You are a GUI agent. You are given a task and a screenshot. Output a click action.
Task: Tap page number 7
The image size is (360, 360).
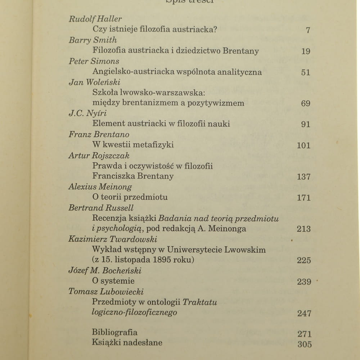[308, 30]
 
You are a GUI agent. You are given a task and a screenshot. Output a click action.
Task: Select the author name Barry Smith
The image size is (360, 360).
[93, 40]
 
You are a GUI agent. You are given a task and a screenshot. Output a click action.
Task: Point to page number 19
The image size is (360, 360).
[306, 51]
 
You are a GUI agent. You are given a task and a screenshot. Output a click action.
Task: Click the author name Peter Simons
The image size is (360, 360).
[94, 61]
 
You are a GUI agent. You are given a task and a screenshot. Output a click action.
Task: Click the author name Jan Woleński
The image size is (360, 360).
[94, 82]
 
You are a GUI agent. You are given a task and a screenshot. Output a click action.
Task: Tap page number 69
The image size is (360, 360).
[306, 103]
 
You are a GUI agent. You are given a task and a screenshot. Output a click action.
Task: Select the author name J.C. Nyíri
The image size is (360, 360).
[88, 113]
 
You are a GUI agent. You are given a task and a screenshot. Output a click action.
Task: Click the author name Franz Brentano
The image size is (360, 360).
[99, 134]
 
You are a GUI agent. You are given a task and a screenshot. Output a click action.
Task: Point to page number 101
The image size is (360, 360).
[303, 145]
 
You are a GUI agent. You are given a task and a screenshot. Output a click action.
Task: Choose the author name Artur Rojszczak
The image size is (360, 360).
[99, 156]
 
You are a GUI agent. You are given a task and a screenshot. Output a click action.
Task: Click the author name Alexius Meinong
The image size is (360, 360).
[100, 187]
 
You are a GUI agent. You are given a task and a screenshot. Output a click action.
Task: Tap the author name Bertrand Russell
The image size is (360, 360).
[101, 208]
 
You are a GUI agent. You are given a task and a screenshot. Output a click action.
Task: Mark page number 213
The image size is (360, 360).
[303, 229]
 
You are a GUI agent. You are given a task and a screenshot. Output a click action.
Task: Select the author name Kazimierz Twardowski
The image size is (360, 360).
[113, 239]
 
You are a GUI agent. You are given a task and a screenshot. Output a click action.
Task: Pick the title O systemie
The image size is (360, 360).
[113, 281]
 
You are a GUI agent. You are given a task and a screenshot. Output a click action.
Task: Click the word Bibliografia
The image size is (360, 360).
[114, 332]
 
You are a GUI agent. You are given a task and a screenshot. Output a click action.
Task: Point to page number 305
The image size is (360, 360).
[305, 344]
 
